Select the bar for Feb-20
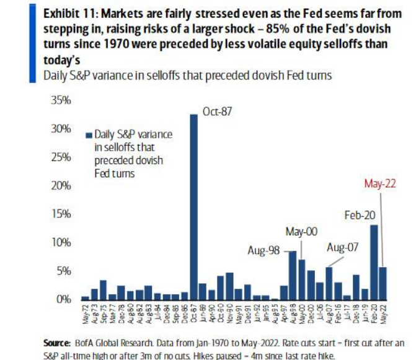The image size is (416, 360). [374, 263]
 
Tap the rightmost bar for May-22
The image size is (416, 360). [383, 284]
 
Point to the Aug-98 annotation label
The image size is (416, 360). [263, 252]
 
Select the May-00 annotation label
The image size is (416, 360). [301, 232]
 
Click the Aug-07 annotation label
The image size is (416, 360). [343, 247]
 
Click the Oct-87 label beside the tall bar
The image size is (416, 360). [217, 112]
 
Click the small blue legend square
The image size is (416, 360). [88, 134]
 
